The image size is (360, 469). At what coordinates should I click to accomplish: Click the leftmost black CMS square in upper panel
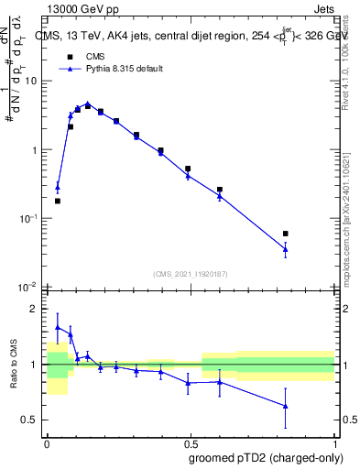pos(58,201)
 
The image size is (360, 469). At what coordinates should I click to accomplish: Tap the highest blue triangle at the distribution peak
pos(88,104)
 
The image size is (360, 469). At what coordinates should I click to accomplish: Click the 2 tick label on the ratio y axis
pos(33,310)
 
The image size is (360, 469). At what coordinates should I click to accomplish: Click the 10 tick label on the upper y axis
pos(30,81)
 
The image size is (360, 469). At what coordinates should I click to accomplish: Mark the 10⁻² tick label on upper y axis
pos(29,287)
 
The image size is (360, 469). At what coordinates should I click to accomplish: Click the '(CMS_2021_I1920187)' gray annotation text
pos(191,274)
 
